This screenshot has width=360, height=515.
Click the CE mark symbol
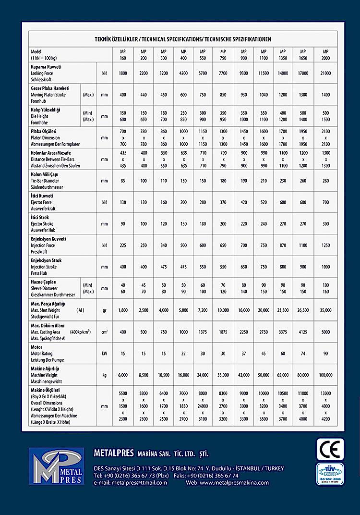pos(330,449)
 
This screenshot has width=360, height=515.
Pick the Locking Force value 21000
pos(325,73)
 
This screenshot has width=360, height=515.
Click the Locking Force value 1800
pos(122,73)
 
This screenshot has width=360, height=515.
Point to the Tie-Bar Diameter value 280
pos(325,181)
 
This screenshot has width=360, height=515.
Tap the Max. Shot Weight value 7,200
pos(203,310)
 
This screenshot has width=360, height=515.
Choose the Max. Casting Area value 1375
pos(203,332)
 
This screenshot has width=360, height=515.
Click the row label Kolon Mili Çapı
pos(45,175)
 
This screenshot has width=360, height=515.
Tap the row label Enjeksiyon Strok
pos(46,261)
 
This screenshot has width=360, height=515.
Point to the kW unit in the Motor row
pos(104,353)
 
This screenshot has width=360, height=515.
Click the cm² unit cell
pos(104,332)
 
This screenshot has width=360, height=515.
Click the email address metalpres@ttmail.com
pos(131,482)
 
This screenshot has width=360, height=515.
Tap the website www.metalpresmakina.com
pos(228,482)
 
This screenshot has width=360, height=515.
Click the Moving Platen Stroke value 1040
pos(264,95)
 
